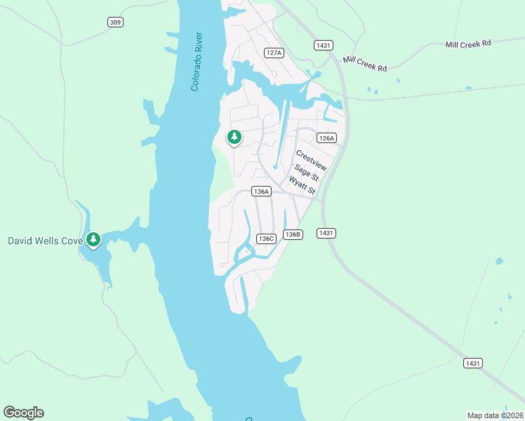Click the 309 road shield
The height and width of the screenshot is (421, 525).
click(116, 22)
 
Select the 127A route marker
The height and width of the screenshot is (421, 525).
click(274, 53)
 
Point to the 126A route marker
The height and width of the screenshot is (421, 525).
click(326, 138)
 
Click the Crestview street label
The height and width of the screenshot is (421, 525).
click(312, 161)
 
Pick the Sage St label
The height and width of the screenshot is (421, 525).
click(307, 173)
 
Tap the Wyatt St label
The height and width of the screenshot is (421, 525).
click(304, 187)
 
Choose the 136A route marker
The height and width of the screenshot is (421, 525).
click(261, 191)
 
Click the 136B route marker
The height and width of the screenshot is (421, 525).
click(293, 234)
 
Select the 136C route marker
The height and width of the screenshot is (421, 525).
click(265, 239)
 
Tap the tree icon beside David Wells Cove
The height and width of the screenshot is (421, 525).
click(93, 240)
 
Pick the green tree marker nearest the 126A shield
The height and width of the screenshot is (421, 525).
click(234, 137)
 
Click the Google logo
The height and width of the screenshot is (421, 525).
click(23, 413)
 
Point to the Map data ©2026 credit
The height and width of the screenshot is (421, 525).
click(496, 415)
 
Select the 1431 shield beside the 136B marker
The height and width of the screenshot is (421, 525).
click(326, 233)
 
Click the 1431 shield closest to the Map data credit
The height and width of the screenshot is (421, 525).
click(473, 363)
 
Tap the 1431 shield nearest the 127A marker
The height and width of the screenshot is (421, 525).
click(323, 45)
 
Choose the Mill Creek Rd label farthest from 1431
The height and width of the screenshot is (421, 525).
click(468, 44)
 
